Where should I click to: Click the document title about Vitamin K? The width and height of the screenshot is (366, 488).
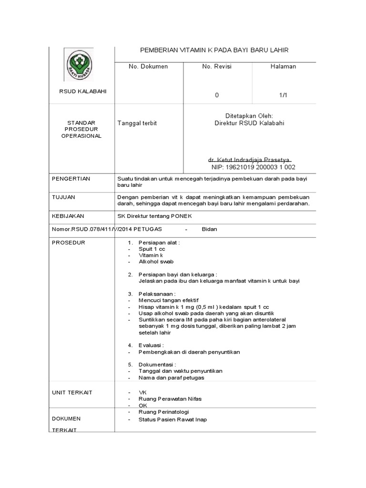tap(214, 50)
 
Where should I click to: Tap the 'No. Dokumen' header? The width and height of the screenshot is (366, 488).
tap(148, 67)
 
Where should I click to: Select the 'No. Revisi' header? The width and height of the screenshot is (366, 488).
tap(216, 67)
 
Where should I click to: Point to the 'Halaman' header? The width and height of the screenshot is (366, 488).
tap(283, 67)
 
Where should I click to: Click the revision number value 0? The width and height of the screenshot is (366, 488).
tap(216, 95)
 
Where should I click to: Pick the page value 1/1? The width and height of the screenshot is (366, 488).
tap(283, 95)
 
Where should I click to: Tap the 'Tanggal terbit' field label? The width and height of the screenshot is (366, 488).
tap(137, 123)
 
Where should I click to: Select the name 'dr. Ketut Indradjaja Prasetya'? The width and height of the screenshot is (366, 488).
tap(250, 160)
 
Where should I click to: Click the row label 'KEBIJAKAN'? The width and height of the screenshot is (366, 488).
tap(67, 216)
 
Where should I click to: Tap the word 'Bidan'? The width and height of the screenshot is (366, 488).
tap(210, 229)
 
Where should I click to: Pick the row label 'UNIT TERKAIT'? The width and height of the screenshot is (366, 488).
tap(72, 392)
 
